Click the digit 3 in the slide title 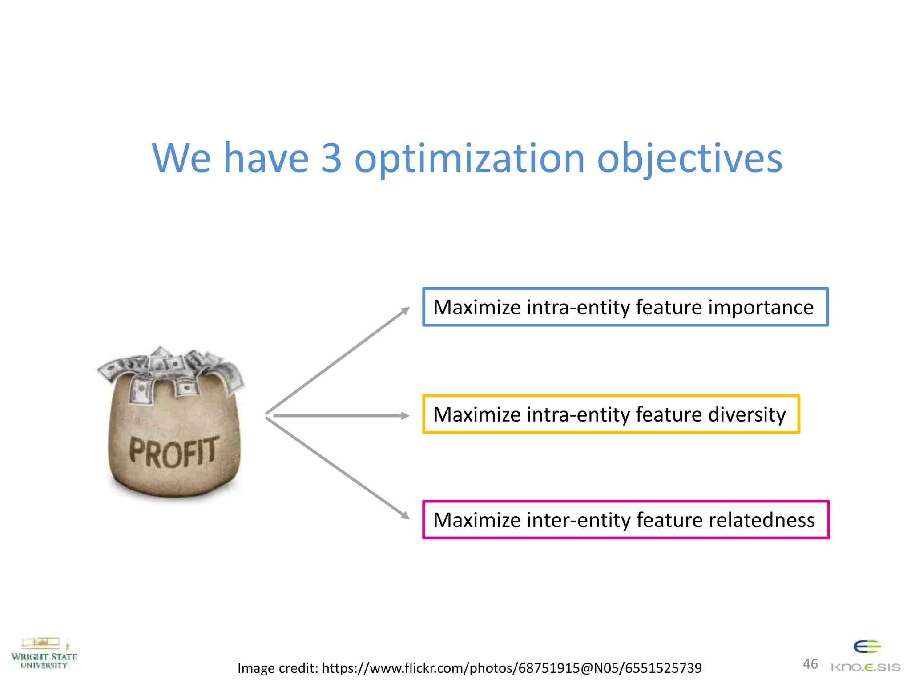331,158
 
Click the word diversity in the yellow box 747,415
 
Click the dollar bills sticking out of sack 171,369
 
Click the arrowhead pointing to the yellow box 405,416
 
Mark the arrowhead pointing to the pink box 404,515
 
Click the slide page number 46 810,664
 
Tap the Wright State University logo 44,654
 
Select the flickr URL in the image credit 512,668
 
